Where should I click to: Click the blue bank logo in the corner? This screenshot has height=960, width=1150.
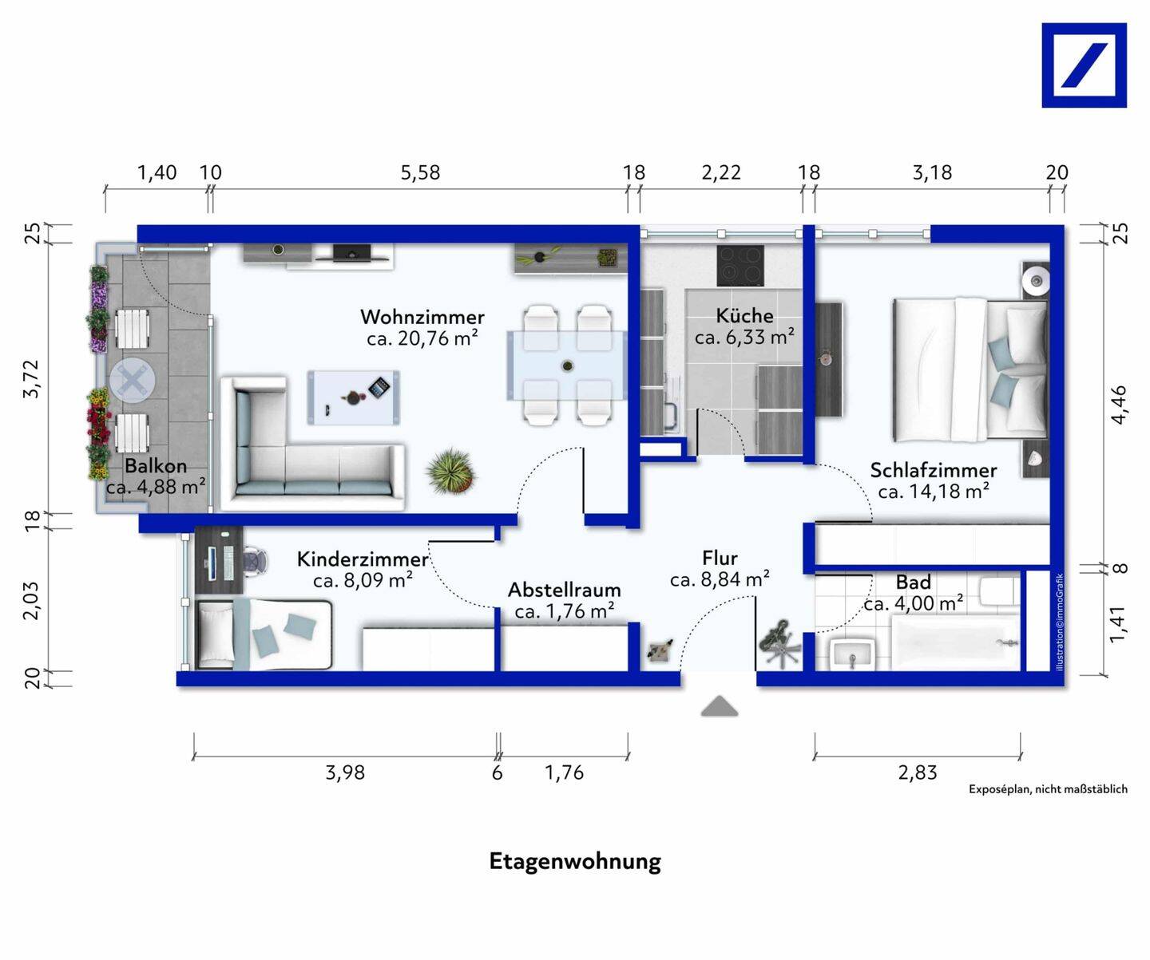[1084, 65]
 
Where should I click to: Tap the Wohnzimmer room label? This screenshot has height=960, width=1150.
[422, 317]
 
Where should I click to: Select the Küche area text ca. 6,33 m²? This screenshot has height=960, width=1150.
[744, 337]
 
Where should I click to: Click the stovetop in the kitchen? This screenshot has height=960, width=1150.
[740, 265]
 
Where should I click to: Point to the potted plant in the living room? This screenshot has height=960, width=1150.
[450, 471]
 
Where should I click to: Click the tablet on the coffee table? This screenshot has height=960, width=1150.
[379, 387]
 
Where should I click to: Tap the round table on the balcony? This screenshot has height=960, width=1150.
[133, 380]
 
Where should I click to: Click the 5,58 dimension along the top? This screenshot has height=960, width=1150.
[420, 173]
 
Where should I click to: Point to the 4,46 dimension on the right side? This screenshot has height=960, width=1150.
[1119, 405]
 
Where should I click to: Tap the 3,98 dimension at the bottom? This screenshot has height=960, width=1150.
[345, 772]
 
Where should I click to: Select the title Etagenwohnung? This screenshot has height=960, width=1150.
[575, 862]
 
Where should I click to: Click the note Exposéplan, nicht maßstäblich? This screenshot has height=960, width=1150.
[1048, 789]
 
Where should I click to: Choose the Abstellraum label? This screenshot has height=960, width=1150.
[565, 590]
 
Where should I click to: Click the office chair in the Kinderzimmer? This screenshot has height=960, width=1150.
[255, 561]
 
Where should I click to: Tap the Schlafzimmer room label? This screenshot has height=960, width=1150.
[934, 471]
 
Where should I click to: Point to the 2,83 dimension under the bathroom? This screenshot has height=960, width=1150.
[918, 772]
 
